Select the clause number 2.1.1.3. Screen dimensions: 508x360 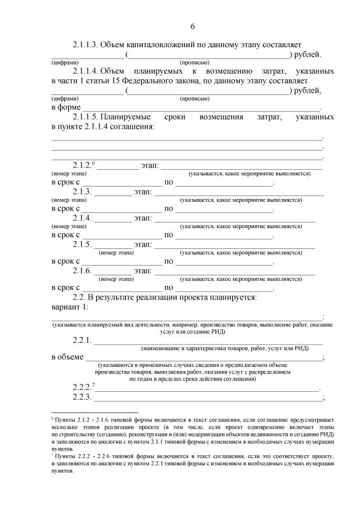pyautogui.click(x=87, y=44)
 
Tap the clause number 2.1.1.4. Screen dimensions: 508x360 pyautogui.click(x=87, y=71)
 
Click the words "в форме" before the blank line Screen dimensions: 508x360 pyautogui.click(x=66, y=107)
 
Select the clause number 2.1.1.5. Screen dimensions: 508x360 pyautogui.click(x=87, y=117)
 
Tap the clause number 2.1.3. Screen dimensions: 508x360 pyautogui.click(x=82, y=192)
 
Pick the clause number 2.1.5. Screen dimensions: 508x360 pyautogui.click(x=82, y=244)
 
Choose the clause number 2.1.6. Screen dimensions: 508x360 pyautogui.click(x=82, y=271)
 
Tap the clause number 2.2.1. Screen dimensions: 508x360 pyautogui.click(x=82, y=340)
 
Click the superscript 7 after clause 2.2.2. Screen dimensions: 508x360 pyautogui.click(x=93, y=385)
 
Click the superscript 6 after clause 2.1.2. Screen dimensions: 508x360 pyautogui.click(x=93, y=163)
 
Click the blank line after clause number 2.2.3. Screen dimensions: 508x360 pyautogui.click(x=208, y=400)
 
